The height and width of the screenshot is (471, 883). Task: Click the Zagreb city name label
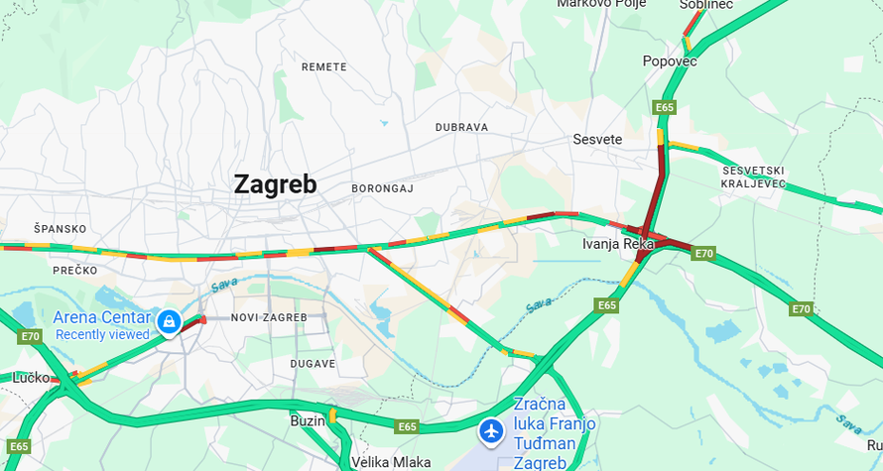click(x=275, y=184)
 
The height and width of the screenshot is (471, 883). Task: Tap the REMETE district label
click(x=324, y=67)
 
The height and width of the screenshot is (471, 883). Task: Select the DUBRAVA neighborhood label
click(x=461, y=128)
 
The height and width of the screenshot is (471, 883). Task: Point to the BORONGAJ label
click(x=382, y=188)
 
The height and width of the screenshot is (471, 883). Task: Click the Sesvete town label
click(x=597, y=140)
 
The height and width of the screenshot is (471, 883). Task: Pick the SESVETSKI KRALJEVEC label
click(x=754, y=177)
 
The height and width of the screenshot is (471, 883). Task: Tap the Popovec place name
click(x=670, y=61)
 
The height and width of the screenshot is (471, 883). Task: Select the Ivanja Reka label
click(x=617, y=244)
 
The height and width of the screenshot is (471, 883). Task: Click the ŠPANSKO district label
click(x=61, y=229)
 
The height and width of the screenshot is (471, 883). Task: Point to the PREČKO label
click(x=75, y=270)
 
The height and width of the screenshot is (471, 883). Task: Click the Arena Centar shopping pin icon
click(x=169, y=321)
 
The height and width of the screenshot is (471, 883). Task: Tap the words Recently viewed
click(x=102, y=335)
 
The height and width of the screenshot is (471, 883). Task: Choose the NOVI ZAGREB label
click(x=264, y=317)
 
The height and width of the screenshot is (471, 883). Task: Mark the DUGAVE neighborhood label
click(x=313, y=364)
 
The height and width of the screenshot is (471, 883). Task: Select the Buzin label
click(x=308, y=421)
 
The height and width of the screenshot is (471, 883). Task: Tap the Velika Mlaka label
click(x=391, y=462)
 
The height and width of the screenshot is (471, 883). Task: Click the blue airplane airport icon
click(x=490, y=431)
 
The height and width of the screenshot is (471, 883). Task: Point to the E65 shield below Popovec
click(x=665, y=106)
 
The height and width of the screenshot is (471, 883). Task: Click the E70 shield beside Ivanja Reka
click(x=703, y=254)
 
